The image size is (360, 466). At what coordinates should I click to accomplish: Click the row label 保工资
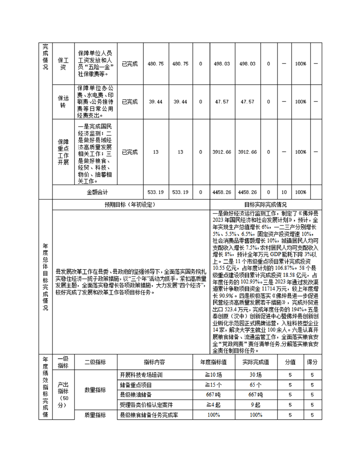pos(63,64)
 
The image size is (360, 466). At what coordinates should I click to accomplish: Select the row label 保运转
pos(63,101)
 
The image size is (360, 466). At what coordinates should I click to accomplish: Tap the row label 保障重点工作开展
pos(63,152)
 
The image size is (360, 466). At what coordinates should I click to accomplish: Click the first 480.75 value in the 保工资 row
pos(155,64)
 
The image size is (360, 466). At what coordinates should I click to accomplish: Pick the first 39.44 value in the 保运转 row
pos(155,101)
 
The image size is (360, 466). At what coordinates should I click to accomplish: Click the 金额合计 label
pos(97,192)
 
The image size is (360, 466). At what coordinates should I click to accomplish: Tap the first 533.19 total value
pos(155,192)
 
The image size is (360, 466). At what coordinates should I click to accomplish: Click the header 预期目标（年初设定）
pos(130,204)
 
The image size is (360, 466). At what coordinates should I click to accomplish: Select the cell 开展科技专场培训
pos(142,375)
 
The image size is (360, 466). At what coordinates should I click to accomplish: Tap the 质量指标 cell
pos(95,415)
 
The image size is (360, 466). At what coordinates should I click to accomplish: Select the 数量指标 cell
pos(95,390)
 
